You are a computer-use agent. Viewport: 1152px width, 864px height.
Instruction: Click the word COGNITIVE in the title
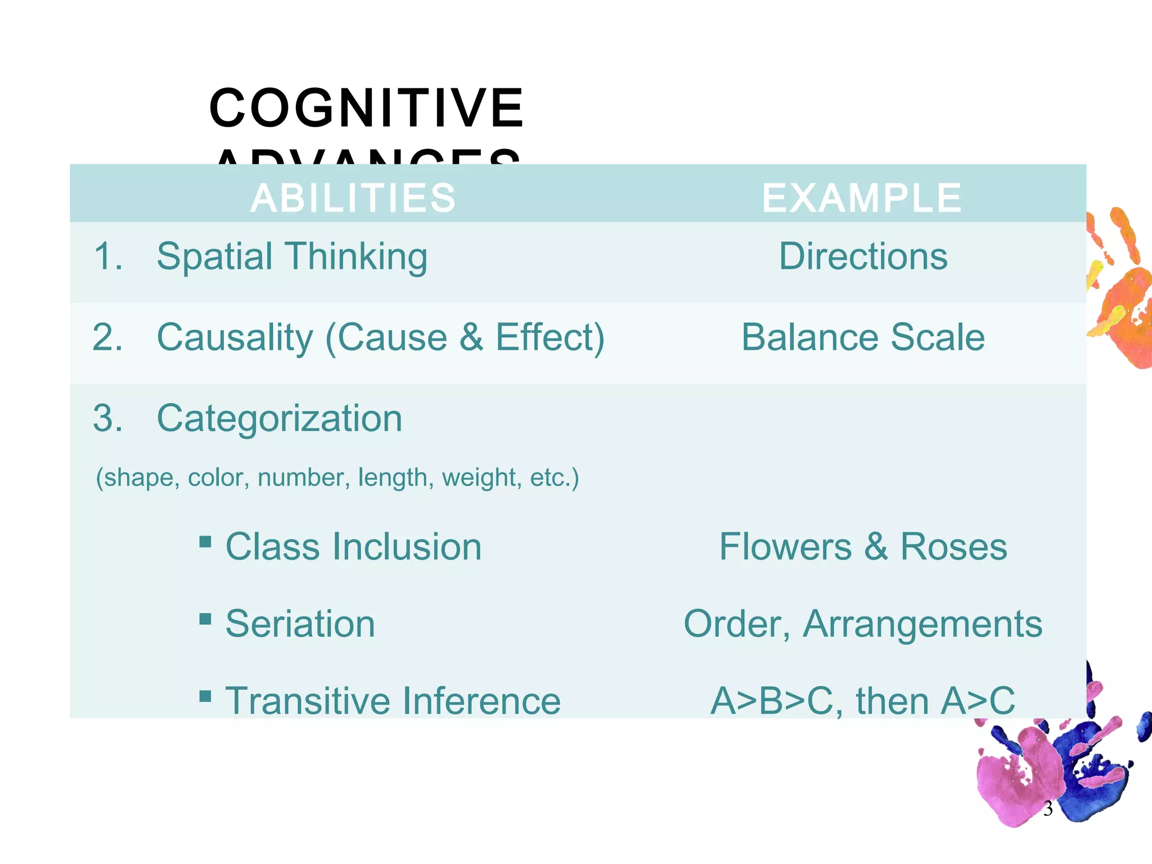pyautogui.click(x=366, y=108)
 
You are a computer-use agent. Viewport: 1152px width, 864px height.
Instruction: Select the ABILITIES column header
pyautogui.click(x=353, y=198)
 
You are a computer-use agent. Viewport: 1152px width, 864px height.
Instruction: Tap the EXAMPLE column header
pyautogui.click(x=862, y=198)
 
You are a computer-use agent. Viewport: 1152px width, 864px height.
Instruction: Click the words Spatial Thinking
pyautogui.click(x=292, y=257)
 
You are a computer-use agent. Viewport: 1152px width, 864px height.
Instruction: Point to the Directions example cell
pyautogui.click(x=863, y=256)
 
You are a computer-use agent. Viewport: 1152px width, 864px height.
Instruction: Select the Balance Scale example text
pyautogui.click(x=863, y=337)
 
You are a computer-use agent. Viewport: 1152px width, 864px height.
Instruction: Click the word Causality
pyautogui.click(x=235, y=337)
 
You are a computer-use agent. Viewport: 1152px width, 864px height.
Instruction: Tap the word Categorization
pyautogui.click(x=280, y=418)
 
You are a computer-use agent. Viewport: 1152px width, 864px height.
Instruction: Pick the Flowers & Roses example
pyautogui.click(x=863, y=547)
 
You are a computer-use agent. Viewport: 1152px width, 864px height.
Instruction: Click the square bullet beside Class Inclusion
pyautogui.click(x=205, y=542)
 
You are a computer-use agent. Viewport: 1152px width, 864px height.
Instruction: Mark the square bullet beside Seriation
pyautogui.click(x=205, y=619)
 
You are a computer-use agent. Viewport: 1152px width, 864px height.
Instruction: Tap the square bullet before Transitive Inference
pyautogui.click(x=205, y=696)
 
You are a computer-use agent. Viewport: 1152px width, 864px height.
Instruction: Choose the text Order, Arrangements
pyautogui.click(x=863, y=624)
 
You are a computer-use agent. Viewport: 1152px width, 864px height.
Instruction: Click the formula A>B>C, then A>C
pyautogui.click(x=863, y=701)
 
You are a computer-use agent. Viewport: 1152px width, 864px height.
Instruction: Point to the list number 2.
pyautogui.click(x=107, y=337)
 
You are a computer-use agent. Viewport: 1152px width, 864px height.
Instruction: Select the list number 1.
pyautogui.click(x=107, y=257)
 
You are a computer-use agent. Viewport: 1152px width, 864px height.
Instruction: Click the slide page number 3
pyautogui.click(x=1047, y=809)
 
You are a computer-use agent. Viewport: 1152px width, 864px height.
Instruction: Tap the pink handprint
pyautogui.click(x=1012, y=782)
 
